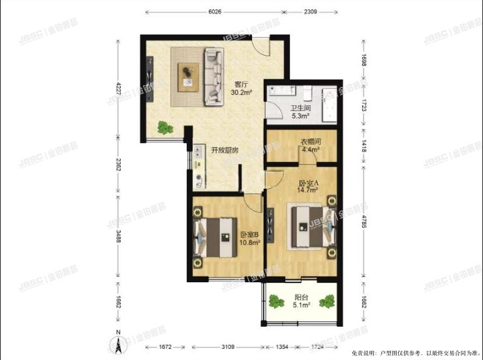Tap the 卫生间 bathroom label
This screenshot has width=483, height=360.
tap(300, 108)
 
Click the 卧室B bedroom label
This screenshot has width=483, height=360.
tap(250, 235)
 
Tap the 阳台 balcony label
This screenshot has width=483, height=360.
tap(302, 295)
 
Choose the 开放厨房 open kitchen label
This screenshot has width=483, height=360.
tap(224, 150)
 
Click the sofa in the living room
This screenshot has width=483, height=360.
tap(213, 76)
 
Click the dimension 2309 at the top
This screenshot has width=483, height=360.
tap(310, 11)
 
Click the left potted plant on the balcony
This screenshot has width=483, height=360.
tap(277, 302)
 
